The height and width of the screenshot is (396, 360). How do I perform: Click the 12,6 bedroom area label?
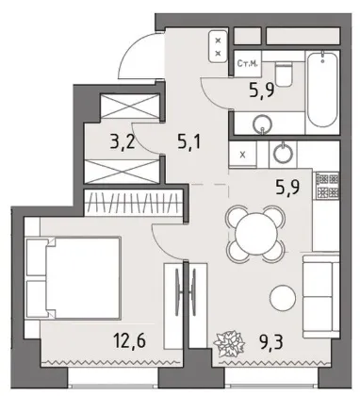point(129,341)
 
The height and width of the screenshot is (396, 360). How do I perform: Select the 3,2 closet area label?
point(123,142)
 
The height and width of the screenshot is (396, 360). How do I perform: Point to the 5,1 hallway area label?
point(188,142)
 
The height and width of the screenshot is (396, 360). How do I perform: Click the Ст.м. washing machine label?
point(248,64)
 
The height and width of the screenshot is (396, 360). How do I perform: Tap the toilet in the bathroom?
point(284,74)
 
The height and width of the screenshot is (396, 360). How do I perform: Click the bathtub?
point(322,89)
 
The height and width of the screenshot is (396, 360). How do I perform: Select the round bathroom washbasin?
point(262,124)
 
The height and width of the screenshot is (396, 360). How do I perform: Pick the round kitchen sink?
point(283,153)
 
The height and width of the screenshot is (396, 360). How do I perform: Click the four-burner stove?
point(328,186)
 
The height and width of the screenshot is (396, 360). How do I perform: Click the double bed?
point(74,278)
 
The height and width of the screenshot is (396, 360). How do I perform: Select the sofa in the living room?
point(321,296)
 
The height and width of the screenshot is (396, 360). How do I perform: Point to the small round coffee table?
point(283,298)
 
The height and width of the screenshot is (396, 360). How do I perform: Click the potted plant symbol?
point(229,341)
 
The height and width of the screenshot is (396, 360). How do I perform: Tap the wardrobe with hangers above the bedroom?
point(134,203)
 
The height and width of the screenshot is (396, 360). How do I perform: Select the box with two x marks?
point(219,47)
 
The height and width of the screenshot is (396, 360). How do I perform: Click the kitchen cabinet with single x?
point(242,155)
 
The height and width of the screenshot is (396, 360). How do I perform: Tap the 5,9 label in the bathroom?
point(262,91)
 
